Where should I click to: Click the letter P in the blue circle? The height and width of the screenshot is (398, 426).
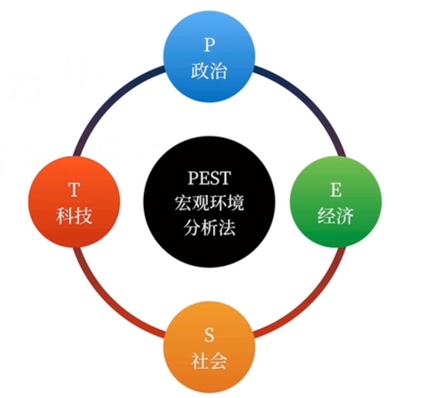[210, 45]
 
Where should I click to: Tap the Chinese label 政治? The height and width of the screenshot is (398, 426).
[209, 71]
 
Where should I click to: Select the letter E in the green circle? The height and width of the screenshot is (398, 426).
[336, 190]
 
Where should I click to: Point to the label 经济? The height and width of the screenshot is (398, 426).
[335, 215]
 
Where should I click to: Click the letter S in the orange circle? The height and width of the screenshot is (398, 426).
[209, 335]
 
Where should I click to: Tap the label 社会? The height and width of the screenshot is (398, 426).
[209, 361]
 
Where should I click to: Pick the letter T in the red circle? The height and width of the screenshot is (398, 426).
[74, 190]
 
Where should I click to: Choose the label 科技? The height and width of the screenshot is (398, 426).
[74, 215]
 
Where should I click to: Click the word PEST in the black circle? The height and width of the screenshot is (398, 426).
[210, 178]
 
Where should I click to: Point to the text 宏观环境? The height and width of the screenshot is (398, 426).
[210, 203]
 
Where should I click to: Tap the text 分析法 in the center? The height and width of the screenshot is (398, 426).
[210, 228]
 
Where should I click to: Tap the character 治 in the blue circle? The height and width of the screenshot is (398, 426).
[218, 71]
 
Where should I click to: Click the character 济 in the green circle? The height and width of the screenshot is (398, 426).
[344, 215]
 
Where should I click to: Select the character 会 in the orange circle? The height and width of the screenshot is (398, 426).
[218, 361]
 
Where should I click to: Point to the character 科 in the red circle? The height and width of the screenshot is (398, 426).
[65, 215]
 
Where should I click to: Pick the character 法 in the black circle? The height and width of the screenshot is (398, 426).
[227, 228]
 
